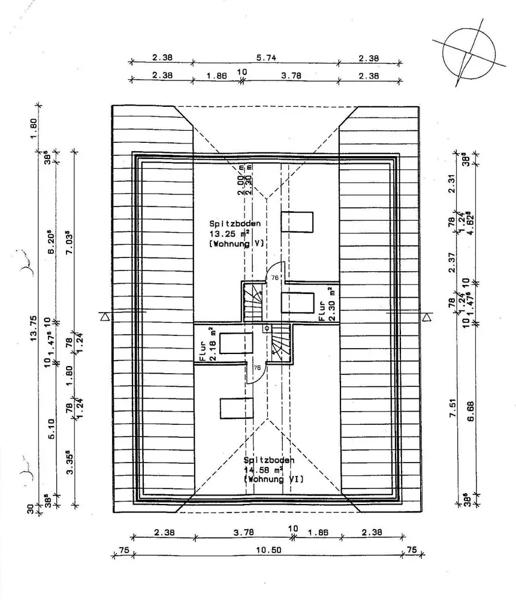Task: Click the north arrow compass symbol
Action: pyautogui.click(x=469, y=53)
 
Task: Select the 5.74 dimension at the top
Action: pyautogui.click(x=265, y=58)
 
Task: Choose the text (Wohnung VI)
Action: pyautogui.click(x=273, y=479)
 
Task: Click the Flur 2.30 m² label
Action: pyautogui.click(x=326, y=304)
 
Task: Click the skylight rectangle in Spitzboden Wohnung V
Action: pyautogui.click(x=297, y=221)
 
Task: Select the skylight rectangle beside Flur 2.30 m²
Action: pyautogui.click(x=297, y=301)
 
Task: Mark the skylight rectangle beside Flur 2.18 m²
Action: pyautogui.click(x=237, y=343)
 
